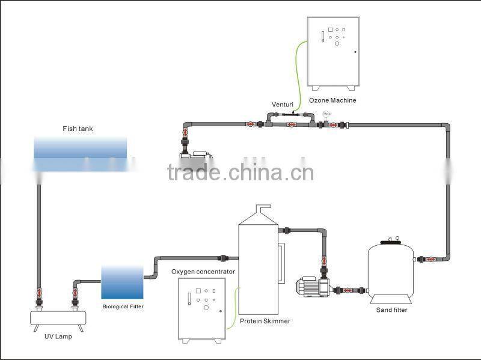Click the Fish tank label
[78, 129]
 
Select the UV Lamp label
[59, 337]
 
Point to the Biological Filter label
[123, 307]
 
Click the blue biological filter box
[123, 282]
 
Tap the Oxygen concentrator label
[203, 272]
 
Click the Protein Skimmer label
[265, 321]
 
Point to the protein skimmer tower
[258, 264]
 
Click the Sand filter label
[392, 310]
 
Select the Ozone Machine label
[332, 100]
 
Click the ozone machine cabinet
[332, 52]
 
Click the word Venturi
[282, 104]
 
